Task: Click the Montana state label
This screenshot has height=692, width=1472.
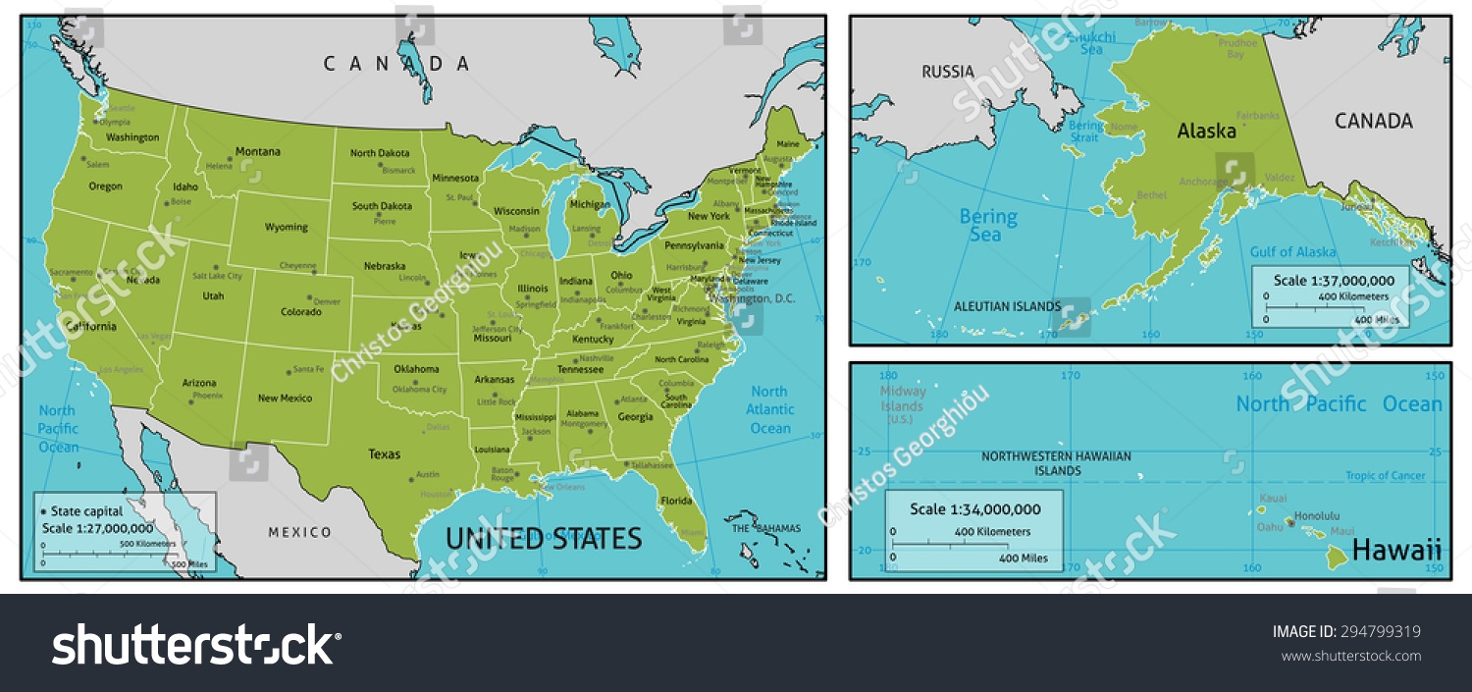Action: (x=257, y=152)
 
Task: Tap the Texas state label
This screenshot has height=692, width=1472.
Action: (x=384, y=454)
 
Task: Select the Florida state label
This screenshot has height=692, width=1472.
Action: (x=675, y=501)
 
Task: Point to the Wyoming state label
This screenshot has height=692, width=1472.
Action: (x=287, y=227)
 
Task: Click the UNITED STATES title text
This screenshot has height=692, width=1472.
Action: (x=544, y=539)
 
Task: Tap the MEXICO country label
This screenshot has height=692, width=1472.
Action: (x=300, y=532)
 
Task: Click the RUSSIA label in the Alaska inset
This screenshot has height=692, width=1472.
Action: (x=947, y=72)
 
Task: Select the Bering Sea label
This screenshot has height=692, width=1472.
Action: (x=987, y=226)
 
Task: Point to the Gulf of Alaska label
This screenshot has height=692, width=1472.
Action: (x=1292, y=252)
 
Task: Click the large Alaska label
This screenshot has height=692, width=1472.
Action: (x=1206, y=131)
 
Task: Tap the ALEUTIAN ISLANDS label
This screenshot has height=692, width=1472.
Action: (x=1007, y=306)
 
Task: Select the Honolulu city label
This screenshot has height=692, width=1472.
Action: (x=1317, y=515)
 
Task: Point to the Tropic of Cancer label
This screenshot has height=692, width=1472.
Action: (x=1385, y=476)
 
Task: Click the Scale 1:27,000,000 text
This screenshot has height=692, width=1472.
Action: (x=97, y=528)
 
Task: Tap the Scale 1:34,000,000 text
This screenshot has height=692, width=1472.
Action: (x=974, y=509)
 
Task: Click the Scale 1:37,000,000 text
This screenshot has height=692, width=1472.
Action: (x=1333, y=280)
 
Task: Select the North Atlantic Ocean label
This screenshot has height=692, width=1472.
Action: (x=769, y=409)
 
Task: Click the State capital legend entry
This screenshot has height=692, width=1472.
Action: (x=86, y=511)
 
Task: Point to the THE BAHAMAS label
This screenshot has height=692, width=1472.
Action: (x=765, y=528)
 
